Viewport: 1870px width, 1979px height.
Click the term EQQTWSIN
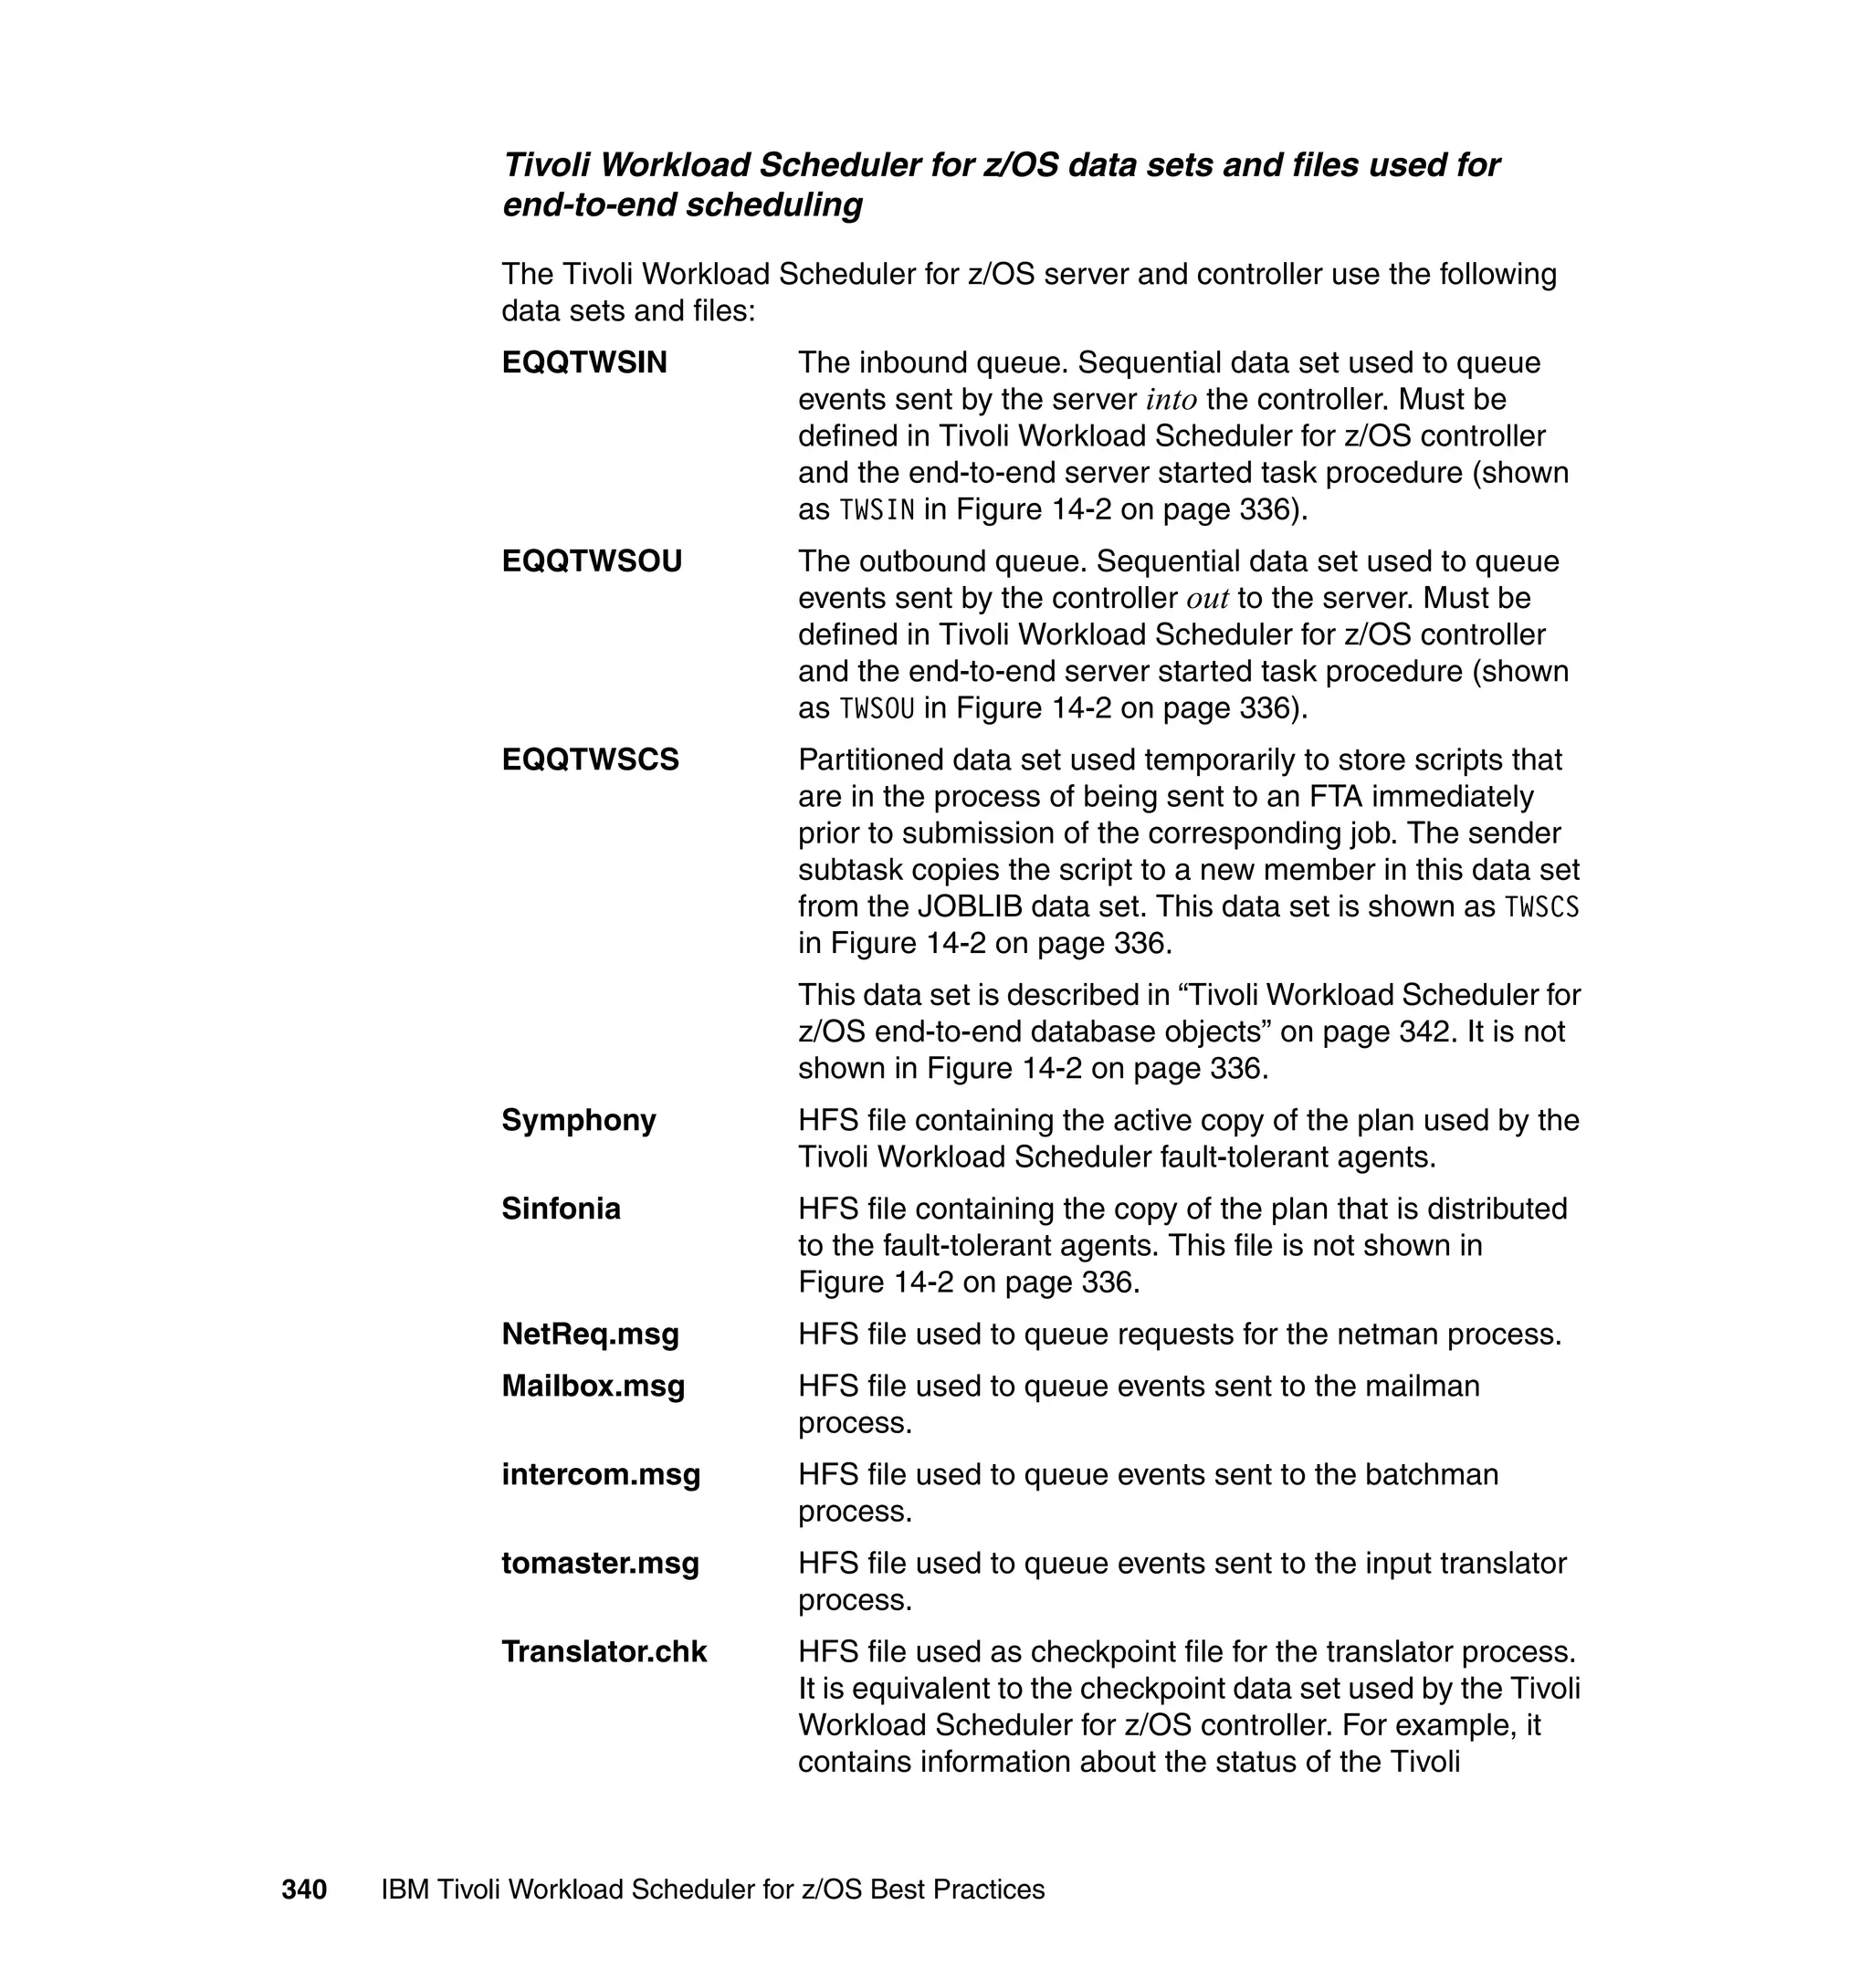coord(584,362)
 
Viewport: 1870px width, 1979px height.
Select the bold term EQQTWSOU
coord(591,562)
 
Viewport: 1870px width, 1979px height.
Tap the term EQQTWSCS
coord(590,760)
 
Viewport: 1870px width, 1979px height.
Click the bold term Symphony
coord(578,1120)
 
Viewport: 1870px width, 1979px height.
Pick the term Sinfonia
coord(561,1209)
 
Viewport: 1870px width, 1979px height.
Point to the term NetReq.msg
coord(590,1335)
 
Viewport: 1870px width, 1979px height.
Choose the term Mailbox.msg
coord(594,1386)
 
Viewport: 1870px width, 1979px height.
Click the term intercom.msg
coord(600,1475)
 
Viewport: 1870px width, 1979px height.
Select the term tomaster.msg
coord(600,1564)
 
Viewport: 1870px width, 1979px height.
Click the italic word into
coord(1171,401)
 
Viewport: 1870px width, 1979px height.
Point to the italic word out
coord(1207,600)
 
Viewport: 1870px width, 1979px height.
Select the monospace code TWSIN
coord(877,510)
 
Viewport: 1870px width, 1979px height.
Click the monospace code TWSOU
coord(877,708)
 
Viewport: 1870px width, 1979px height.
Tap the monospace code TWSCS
coord(1541,907)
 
